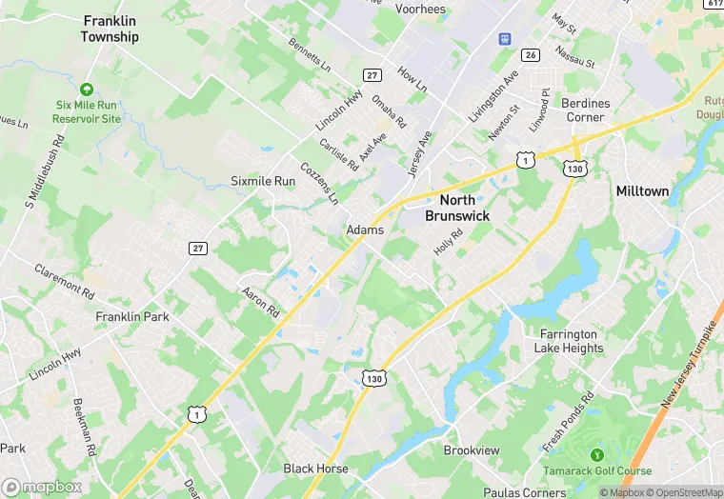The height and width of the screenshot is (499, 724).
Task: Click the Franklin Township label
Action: [x=110, y=29]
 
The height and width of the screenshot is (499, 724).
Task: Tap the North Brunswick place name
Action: [x=464, y=208]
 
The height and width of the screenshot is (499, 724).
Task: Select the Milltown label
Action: [x=642, y=190]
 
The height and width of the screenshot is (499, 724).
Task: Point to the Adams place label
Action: [x=365, y=230]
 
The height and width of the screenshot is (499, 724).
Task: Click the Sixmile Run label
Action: [x=263, y=181]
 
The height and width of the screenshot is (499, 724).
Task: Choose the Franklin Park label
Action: [x=131, y=315]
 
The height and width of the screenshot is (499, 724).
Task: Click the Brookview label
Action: [x=472, y=449]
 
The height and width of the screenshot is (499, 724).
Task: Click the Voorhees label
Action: [x=421, y=9]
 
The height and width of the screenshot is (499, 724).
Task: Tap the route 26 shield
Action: [x=531, y=54]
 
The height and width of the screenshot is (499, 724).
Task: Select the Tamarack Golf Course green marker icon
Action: [x=597, y=455]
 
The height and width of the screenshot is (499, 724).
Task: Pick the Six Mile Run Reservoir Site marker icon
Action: [x=88, y=89]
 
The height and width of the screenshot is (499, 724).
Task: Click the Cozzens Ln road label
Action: [x=319, y=184]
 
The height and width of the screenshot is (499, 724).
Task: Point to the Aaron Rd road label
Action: [x=259, y=304]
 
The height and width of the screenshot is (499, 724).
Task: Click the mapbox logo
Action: [x=43, y=487]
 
